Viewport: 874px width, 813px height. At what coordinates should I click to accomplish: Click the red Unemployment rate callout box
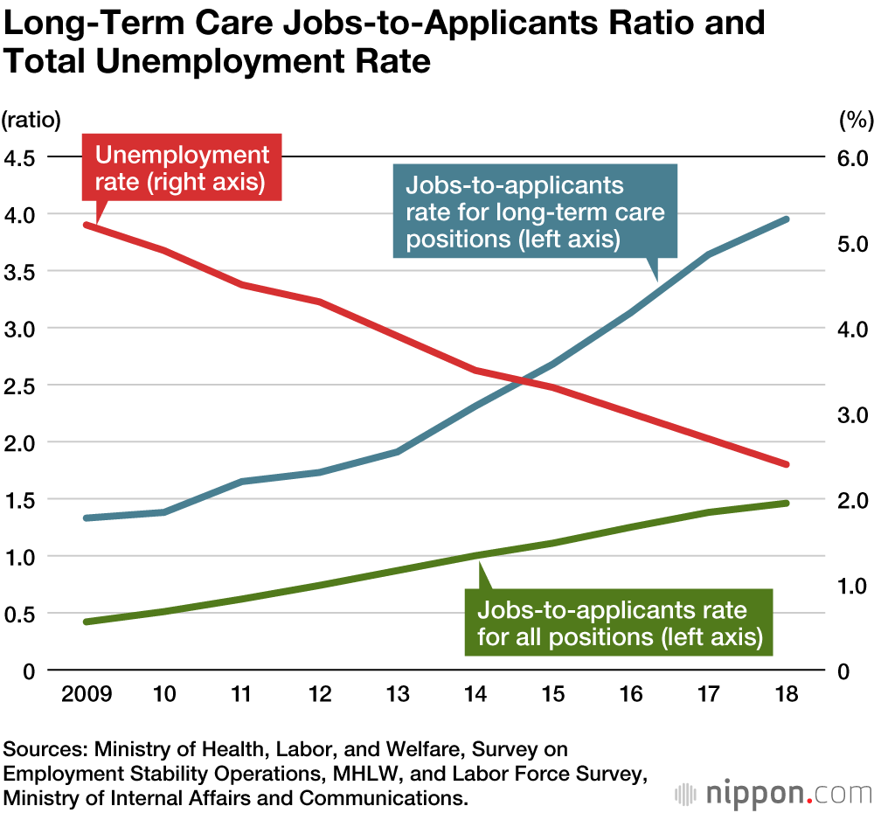(182, 168)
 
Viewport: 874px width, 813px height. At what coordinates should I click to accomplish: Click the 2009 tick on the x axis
(87, 695)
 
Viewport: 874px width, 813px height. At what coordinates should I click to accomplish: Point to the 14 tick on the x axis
(475, 695)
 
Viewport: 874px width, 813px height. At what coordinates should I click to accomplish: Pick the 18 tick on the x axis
(785, 695)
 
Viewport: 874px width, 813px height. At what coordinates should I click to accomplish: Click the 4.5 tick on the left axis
(20, 158)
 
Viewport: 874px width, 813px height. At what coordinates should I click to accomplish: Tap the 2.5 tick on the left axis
(20, 386)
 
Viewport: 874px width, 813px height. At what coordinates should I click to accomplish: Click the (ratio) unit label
(31, 118)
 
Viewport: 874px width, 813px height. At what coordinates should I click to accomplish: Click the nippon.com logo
(773, 794)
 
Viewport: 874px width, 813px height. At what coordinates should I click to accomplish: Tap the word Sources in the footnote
(43, 750)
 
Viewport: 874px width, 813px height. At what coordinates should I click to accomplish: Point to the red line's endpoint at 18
(786, 464)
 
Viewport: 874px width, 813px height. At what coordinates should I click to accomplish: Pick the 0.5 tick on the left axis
(20, 614)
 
